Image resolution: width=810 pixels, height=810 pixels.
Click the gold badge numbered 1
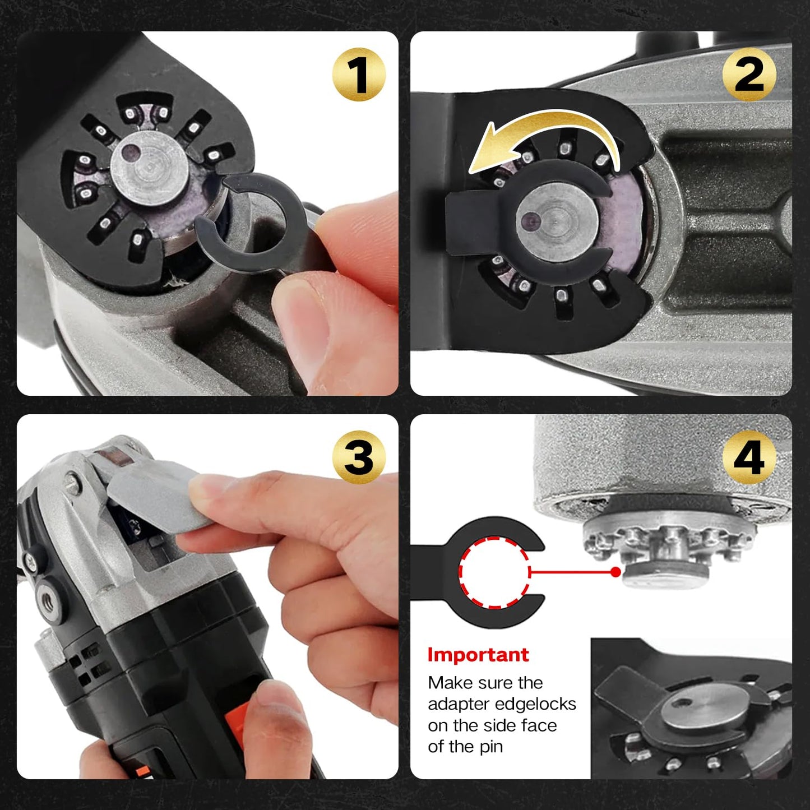point(358,75)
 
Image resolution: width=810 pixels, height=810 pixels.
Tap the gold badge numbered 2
point(749,75)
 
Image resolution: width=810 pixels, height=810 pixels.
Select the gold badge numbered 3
point(358,457)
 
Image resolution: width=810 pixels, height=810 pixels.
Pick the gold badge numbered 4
point(749,457)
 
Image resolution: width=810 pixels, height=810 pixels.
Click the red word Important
point(478,655)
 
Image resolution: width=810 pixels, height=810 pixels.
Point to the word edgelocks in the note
point(536,704)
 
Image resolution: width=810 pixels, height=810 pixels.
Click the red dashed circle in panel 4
point(494,572)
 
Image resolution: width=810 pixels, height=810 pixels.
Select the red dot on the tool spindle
point(615,572)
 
